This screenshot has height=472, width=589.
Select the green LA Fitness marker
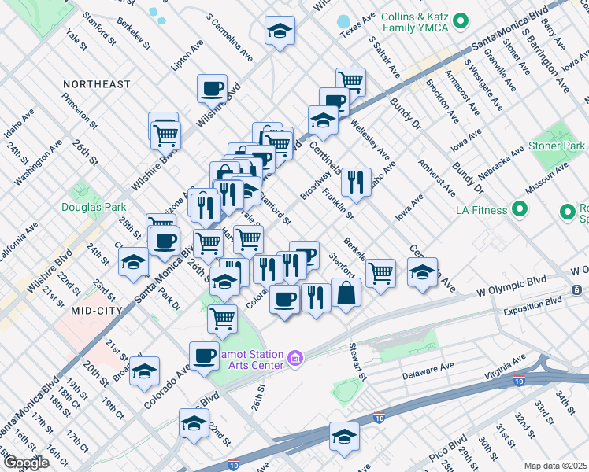click(519, 209)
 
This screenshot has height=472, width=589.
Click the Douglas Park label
click(94, 208)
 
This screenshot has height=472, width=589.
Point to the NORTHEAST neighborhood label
click(98, 84)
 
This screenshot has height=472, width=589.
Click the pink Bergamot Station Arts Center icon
click(296, 360)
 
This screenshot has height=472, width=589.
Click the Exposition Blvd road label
click(533, 301)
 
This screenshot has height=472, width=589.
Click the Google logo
click(25, 463)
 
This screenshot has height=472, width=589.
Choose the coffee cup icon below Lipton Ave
click(212, 88)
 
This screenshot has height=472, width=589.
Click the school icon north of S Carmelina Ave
click(280, 31)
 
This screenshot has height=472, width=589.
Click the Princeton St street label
click(81, 112)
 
